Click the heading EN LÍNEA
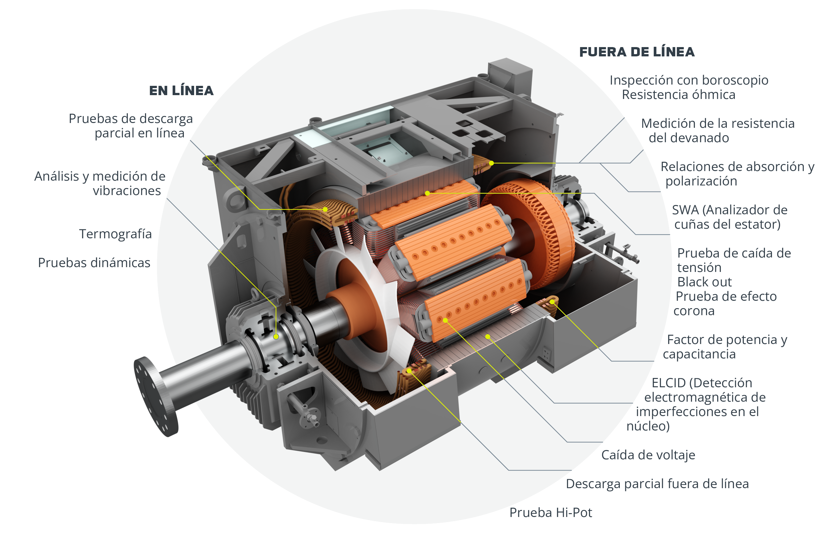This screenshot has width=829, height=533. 181,91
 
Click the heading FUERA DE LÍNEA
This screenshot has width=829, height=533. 637,52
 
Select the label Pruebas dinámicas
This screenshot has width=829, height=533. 94,263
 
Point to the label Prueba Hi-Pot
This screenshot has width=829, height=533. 551,512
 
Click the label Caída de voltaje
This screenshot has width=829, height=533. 648,455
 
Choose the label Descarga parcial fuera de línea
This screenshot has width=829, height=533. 657,484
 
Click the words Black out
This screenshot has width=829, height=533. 704,282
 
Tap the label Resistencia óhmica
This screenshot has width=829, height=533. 678,95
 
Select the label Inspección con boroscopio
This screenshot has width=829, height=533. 689,80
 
